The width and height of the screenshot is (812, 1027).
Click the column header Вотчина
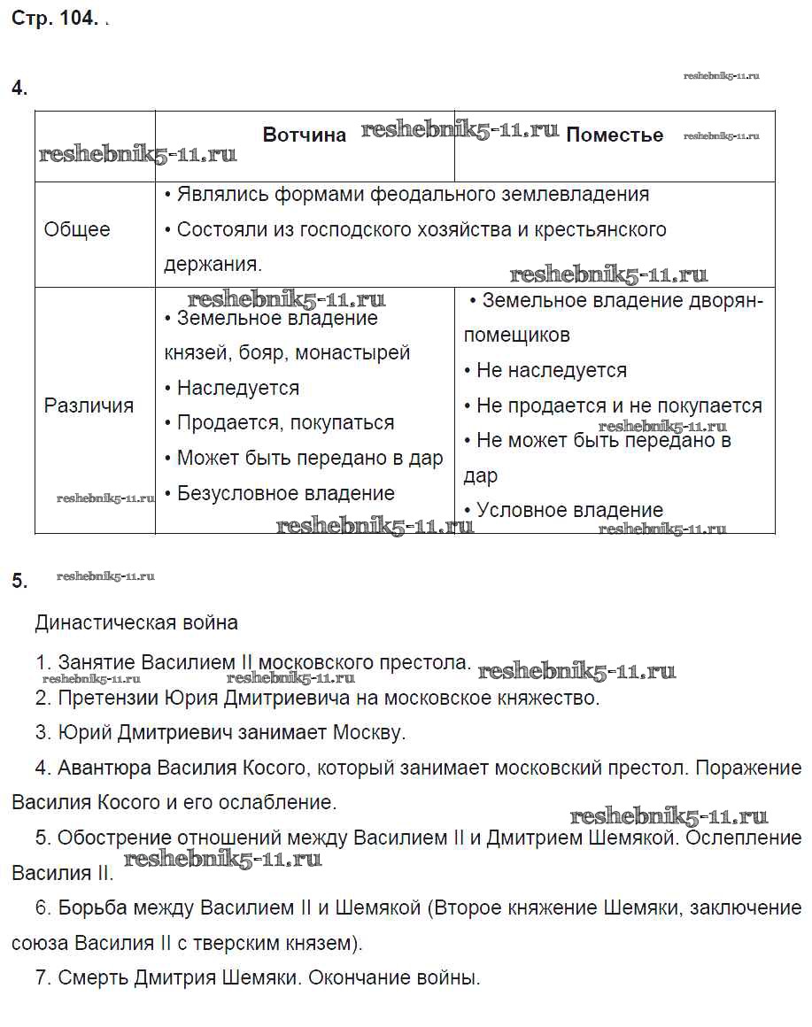pyautogui.click(x=305, y=135)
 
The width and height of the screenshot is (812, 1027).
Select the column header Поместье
pyautogui.click(x=615, y=135)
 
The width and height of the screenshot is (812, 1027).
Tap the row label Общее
pyautogui.click(x=77, y=229)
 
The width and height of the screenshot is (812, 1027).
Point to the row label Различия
pyautogui.click(x=89, y=405)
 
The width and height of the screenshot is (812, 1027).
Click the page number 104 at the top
pyautogui.click(x=78, y=19)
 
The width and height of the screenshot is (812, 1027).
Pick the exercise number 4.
pyautogui.click(x=19, y=88)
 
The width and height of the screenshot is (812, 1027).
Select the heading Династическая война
pyautogui.click(x=136, y=622)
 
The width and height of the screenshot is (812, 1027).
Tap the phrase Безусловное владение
pyautogui.click(x=285, y=493)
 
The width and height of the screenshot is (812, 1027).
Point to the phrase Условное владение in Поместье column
pyautogui.click(x=569, y=510)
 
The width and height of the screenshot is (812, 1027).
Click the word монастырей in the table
pyautogui.click(x=352, y=352)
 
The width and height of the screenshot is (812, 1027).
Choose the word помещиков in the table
pyautogui.click(x=517, y=336)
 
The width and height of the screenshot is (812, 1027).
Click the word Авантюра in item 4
pyautogui.click(x=98, y=768)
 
